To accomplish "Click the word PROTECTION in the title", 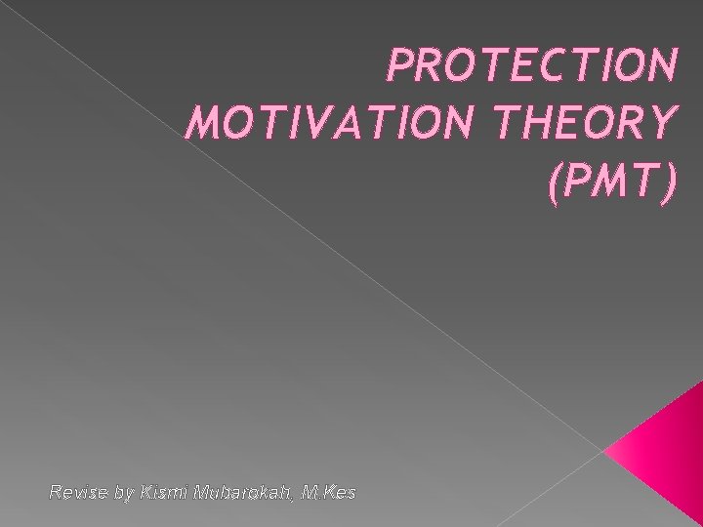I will [x=531, y=65].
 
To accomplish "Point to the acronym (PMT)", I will [x=611, y=184].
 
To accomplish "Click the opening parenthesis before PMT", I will [x=557, y=184].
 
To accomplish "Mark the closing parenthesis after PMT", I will [x=666, y=184].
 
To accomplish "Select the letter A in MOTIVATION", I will [x=334, y=125].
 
